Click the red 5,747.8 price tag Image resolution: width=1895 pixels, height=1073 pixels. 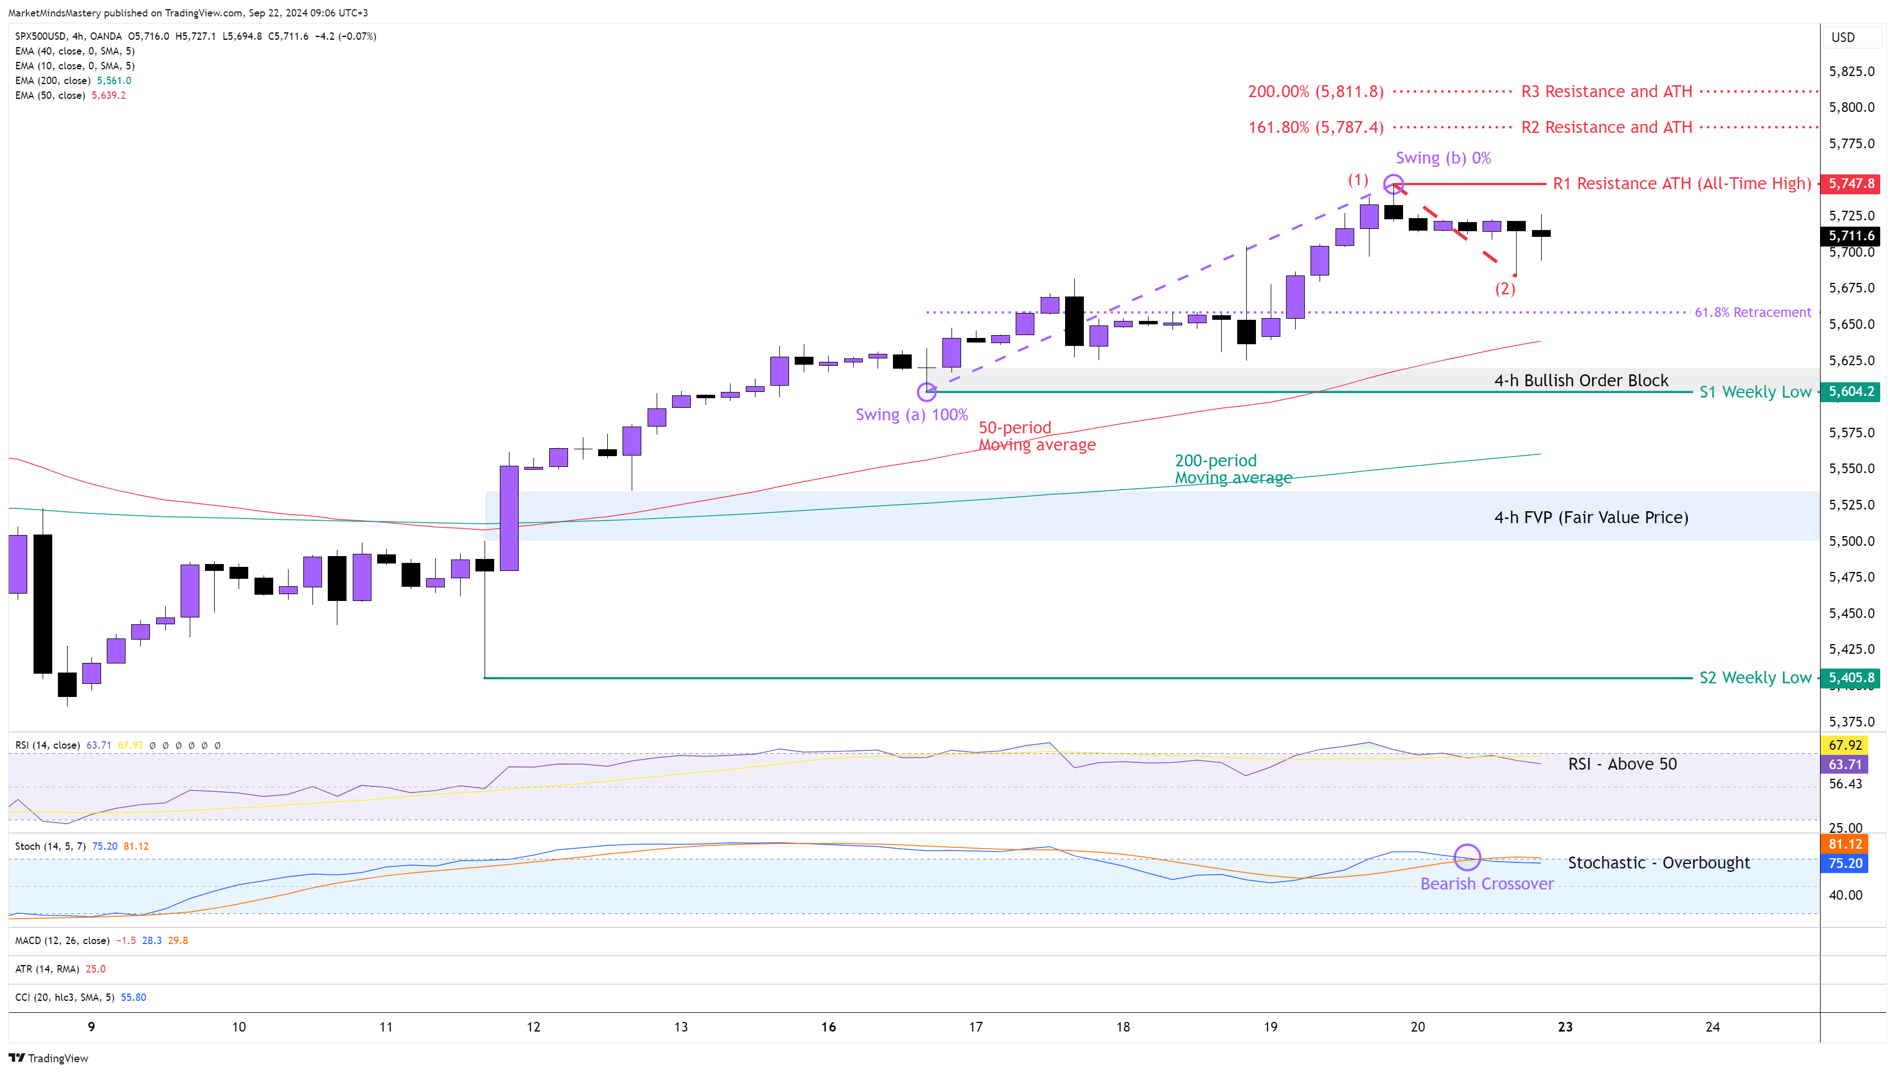[x=1851, y=183]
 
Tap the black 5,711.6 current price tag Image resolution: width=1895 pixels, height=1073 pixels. [x=1851, y=236]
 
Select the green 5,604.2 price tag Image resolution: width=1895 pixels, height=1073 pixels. [x=1851, y=391]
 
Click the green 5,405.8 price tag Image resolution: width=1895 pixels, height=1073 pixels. [x=1851, y=677]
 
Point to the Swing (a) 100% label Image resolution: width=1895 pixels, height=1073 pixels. [x=911, y=415]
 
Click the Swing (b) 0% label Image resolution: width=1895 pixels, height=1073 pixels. [x=1443, y=158]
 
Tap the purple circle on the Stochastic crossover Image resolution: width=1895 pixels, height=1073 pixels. [x=1467, y=857]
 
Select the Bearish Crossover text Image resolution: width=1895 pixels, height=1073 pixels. [x=1487, y=884]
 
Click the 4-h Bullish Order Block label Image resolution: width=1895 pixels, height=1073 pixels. [x=1581, y=380]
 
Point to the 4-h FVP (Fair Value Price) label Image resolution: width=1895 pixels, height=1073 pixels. [x=1591, y=517]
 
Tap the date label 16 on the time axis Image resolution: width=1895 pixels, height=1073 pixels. [x=828, y=1026]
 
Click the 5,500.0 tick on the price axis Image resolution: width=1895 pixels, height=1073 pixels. [x=1851, y=541]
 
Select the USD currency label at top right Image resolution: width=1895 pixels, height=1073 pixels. [x=1843, y=37]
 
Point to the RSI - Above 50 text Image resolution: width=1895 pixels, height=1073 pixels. [x=1622, y=764]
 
